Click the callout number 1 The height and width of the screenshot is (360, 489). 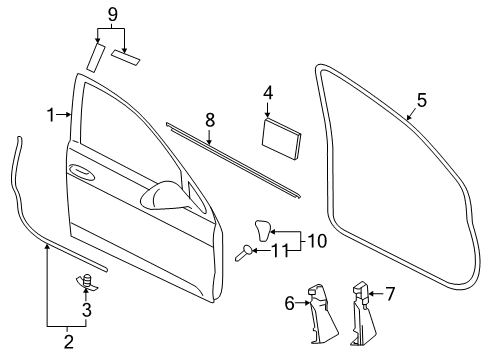pos(50,115)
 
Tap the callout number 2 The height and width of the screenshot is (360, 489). pos(68,342)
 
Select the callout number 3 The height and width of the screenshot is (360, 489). pos(87,310)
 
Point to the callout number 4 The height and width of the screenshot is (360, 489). pos(268,93)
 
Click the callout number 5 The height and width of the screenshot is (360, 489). pos(422,100)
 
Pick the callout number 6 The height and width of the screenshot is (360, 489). pos(290,303)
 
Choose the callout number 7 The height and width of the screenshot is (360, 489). pos(390,294)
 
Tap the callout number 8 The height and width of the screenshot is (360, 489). pos(210,120)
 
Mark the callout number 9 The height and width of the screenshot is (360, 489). pos(113,14)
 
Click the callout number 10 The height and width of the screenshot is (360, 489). pos(317,241)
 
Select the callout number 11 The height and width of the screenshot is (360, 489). pos(279,251)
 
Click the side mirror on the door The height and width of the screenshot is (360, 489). pos(165,196)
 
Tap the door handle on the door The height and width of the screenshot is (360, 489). pos(80,171)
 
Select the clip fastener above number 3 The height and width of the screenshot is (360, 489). pos(87,281)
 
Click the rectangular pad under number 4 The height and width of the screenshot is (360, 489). pos(281,139)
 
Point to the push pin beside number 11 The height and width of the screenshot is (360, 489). pos(244,252)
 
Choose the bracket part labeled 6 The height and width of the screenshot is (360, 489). pos(322,313)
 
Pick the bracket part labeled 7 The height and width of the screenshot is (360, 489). pos(362,313)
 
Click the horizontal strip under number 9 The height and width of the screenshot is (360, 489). pos(125,57)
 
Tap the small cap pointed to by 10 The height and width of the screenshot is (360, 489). pos(263,230)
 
